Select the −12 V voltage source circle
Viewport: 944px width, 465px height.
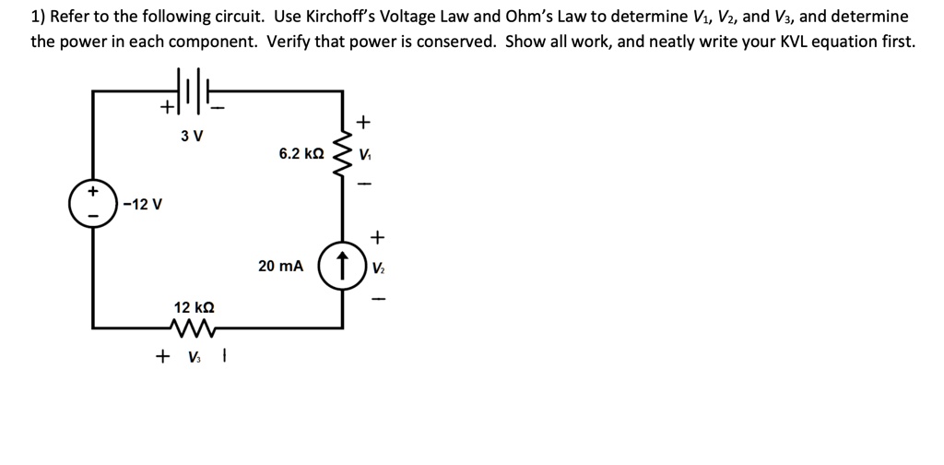pyautogui.click(x=92, y=203)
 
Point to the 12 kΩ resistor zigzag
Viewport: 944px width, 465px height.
pyautogui.click(x=195, y=328)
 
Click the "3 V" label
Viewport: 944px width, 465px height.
pyautogui.click(x=192, y=137)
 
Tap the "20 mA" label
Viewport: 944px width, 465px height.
pyautogui.click(x=280, y=266)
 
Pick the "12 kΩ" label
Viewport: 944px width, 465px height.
pyautogui.click(x=195, y=305)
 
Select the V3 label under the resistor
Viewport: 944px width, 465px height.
pyautogui.click(x=195, y=356)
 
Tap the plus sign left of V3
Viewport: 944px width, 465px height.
pyautogui.click(x=163, y=355)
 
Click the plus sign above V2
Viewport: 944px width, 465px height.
pyautogui.click(x=377, y=238)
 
